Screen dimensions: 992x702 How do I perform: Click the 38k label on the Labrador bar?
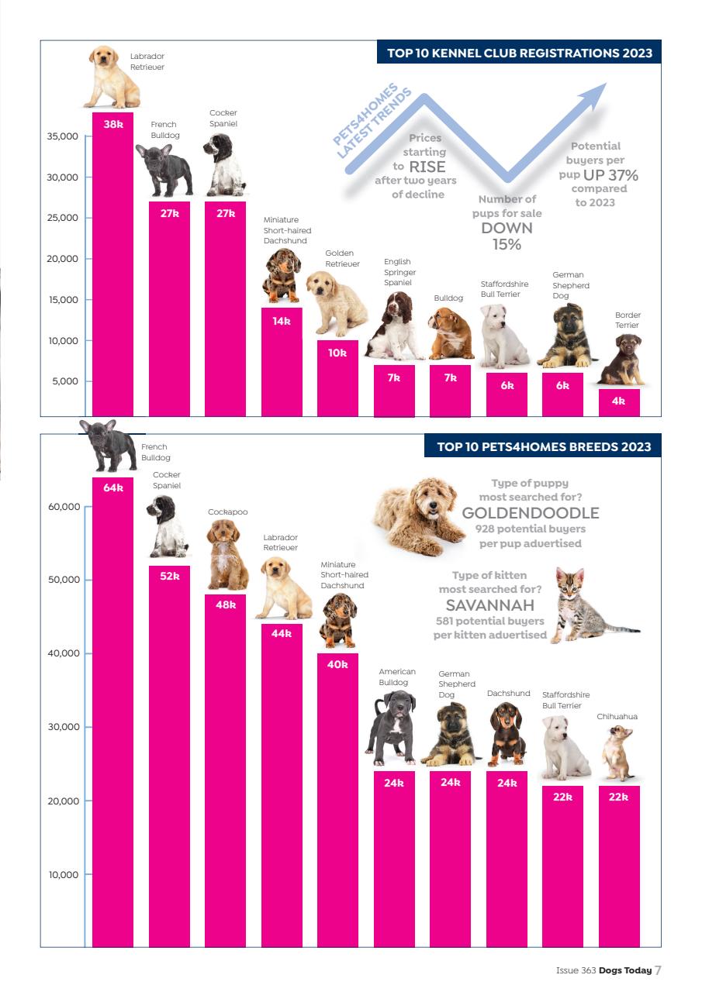113,123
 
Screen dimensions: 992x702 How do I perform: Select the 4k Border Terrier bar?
619,402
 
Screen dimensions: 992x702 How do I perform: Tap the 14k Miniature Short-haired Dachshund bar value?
282,321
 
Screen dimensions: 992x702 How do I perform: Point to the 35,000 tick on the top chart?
63,136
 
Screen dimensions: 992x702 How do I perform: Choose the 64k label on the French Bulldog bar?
113,487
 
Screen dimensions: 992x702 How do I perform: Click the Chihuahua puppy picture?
618,753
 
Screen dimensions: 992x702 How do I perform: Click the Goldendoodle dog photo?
412,515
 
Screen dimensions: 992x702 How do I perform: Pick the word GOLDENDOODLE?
530,513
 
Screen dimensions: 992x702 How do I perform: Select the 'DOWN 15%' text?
507,236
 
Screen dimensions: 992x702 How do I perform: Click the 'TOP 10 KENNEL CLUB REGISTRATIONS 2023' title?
520,53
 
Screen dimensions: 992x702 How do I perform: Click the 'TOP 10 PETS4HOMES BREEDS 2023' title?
544,446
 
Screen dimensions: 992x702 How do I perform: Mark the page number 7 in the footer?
658,970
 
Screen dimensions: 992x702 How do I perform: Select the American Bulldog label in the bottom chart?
396,677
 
